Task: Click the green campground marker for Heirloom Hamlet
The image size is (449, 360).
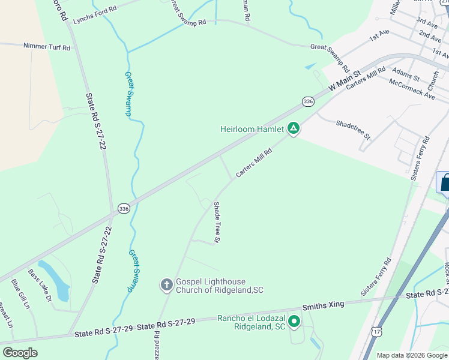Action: click(x=294, y=128)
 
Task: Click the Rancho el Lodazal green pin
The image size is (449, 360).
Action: click(x=294, y=322)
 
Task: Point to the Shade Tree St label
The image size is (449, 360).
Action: click(x=218, y=222)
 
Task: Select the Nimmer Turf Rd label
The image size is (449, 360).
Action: click(x=47, y=46)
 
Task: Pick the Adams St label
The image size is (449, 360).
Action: click(x=406, y=76)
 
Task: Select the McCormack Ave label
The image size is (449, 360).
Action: click(x=412, y=88)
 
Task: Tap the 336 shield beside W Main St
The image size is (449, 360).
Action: click(x=308, y=102)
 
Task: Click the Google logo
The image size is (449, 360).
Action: click(x=20, y=352)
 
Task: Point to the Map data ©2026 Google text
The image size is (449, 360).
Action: click(x=411, y=355)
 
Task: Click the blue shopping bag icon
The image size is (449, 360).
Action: click(x=444, y=182)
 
